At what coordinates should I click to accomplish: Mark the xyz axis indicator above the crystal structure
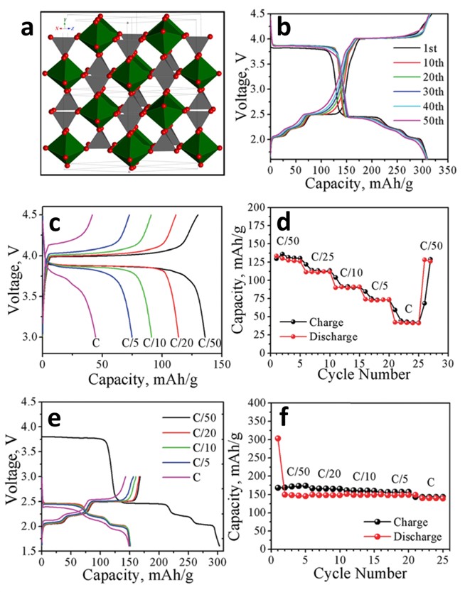click(63, 26)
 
